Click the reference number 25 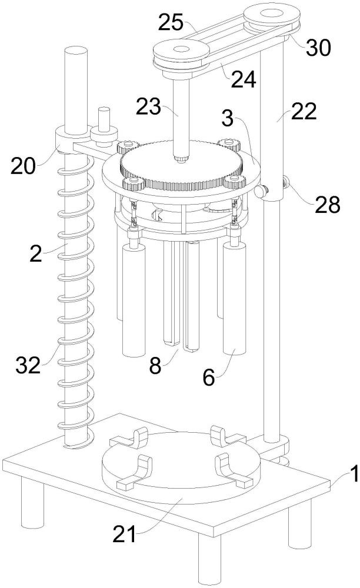[171, 22]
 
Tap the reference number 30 [318, 48]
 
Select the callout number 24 [244, 79]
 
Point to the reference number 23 [148, 107]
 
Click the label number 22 [304, 111]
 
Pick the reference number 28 [328, 205]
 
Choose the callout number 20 [23, 166]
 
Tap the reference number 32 [28, 365]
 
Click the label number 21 [124, 535]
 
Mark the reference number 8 [155, 366]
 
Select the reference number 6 [209, 377]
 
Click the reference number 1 [354, 474]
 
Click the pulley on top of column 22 [272, 18]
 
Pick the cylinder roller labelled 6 [235, 298]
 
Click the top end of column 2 [76, 50]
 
